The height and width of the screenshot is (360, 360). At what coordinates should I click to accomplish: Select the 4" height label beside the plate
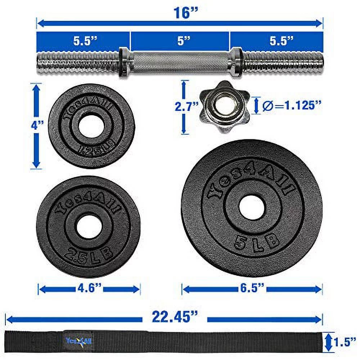pos(37,126)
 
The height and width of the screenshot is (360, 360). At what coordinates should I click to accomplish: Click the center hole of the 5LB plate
pos(252,208)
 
